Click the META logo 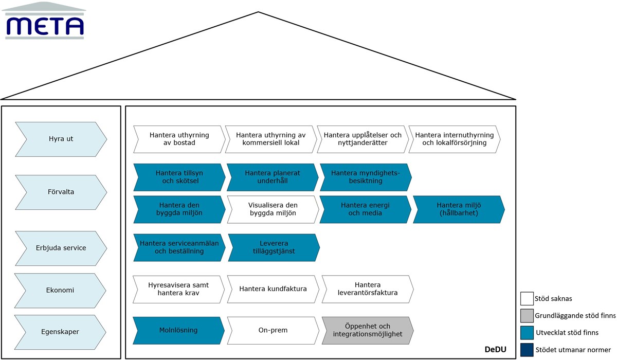click(44, 21)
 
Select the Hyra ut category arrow click(61, 139)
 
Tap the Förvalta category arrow click(61, 192)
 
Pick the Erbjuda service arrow click(61, 248)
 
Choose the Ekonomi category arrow click(60, 290)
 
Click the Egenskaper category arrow click(60, 332)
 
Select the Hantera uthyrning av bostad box click(179, 139)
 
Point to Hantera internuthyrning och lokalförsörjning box click(455, 139)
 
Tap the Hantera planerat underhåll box click(273, 177)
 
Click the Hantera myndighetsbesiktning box click(366, 177)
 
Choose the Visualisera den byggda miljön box click(273, 209)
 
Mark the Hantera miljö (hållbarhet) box click(459, 209)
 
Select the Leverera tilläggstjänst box click(274, 247)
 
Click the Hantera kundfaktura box click(273, 289)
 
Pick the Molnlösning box click(178, 330)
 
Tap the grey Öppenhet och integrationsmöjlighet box click(368, 330)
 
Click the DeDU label click(495, 350)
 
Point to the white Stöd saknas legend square click(527, 299)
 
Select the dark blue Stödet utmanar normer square click(527, 350)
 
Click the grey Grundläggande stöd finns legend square click(527, 316)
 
